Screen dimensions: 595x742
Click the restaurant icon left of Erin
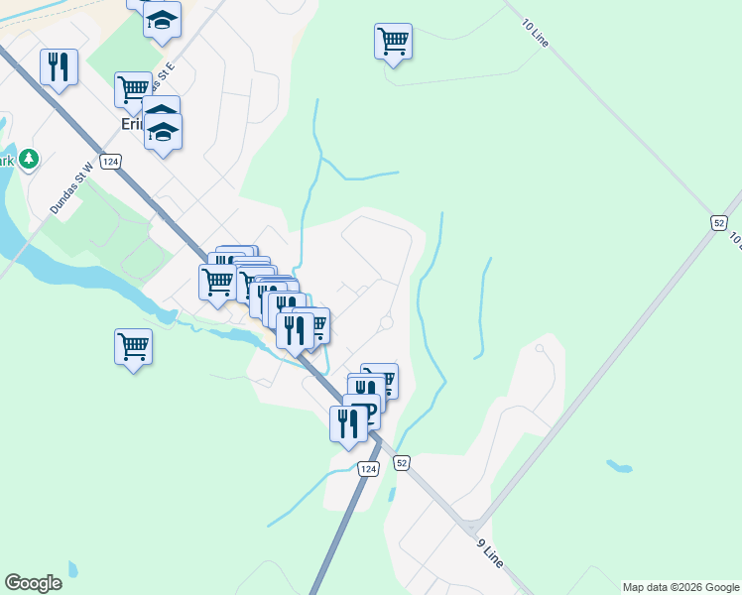[59, 67]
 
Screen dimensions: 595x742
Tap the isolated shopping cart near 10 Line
[393, 42]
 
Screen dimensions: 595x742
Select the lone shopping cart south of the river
[133, 347]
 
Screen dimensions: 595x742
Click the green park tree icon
[29, 159]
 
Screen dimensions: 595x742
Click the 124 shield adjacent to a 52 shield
[369, 468]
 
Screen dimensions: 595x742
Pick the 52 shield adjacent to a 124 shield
[401, 462]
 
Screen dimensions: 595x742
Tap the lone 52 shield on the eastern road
[720, 222]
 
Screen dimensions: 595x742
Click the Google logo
[33, 583]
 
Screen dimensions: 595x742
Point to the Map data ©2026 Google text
[681, 587]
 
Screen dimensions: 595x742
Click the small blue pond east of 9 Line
[619, 466]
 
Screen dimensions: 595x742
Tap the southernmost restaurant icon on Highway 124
[347, 423]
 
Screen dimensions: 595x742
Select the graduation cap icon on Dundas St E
[162, 20]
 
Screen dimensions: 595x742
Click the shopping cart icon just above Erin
[133, 89]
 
